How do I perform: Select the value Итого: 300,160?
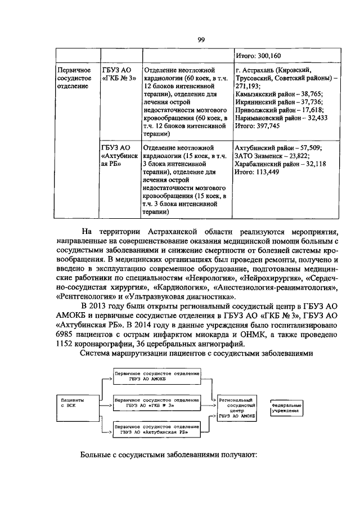point(257,56)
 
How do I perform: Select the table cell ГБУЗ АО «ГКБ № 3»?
point(118,74)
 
